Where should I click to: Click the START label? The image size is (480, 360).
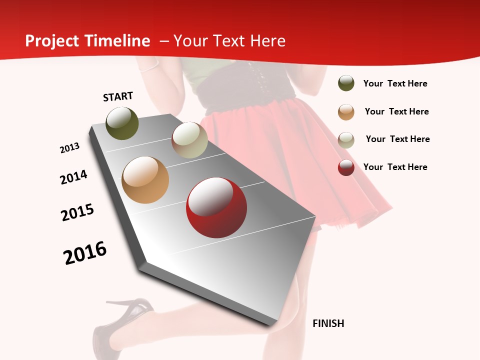(118, 96)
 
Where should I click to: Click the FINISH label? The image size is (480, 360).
(328, 323)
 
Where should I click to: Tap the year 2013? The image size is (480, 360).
(70, 148)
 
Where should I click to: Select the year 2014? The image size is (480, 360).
(74, 177)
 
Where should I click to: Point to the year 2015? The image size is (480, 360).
(77, 212)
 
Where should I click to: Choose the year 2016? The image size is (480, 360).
(85, 253)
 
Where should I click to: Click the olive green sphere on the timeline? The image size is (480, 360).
(122, 123)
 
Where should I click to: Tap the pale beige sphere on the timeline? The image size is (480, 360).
(189, 140)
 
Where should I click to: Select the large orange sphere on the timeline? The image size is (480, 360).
(145, 180)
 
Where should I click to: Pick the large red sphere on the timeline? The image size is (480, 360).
(216, 207)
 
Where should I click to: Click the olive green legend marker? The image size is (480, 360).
(346, 83)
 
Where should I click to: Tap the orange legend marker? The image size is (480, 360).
(346, 112)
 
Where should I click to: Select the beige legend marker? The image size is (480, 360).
(346, 139)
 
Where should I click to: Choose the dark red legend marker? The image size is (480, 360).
(346, 167)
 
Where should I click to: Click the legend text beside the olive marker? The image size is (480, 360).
(395, 83)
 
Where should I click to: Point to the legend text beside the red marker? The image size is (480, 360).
(395, 167)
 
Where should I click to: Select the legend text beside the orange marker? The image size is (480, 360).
(396, 111)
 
